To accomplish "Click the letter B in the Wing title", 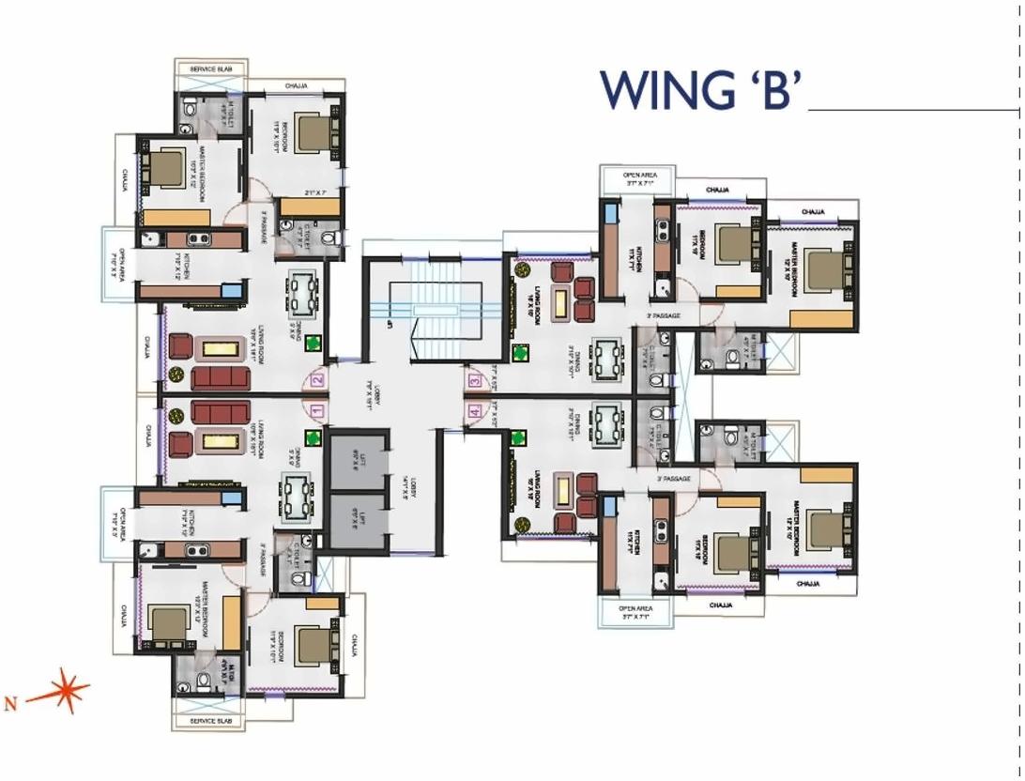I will (769, 90).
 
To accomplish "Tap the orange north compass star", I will (65, 692).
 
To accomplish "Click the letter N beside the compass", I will (10, 701).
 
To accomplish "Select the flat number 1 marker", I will (316, 410).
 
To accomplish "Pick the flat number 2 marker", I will (316, 380).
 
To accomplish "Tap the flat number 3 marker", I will (475, 381).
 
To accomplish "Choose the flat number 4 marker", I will (475, 410).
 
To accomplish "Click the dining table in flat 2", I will (302, 295).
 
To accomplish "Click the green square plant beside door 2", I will (314, 345).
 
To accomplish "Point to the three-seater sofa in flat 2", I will (221, 377).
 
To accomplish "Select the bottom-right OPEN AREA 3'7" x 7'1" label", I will (635, 612).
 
